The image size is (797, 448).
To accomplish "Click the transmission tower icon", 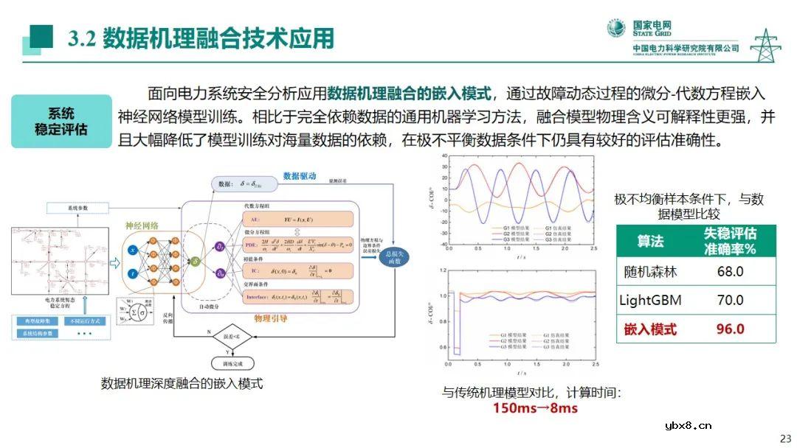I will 765,46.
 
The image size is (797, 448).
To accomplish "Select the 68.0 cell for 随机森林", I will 730,271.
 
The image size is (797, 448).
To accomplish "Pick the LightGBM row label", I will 649,300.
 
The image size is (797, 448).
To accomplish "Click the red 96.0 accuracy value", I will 730,329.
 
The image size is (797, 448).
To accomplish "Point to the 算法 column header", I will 650,241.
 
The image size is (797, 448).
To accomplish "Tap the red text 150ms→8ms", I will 535,408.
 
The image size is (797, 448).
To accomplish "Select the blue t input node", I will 132,273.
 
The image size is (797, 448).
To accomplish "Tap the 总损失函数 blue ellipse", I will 395,256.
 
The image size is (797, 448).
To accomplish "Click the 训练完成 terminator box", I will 232,363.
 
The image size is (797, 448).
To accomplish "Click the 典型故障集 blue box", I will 38,322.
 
